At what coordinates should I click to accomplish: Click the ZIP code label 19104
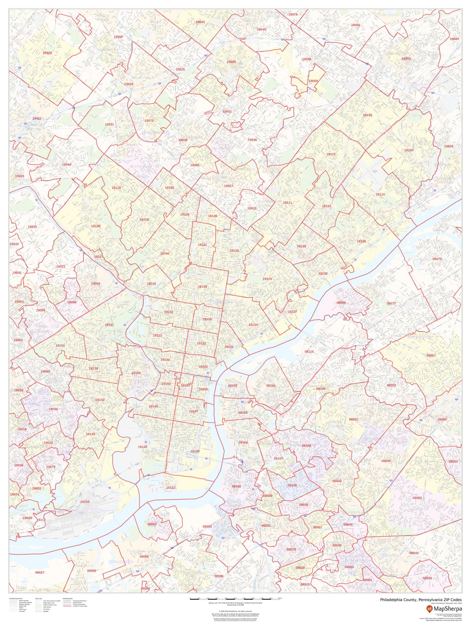pos(136,373)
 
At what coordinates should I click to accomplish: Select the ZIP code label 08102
pos(233,385)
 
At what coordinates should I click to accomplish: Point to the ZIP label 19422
pos(47,53)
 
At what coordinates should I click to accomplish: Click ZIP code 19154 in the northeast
pos(409,150)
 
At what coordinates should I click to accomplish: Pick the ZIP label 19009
pos(313,81)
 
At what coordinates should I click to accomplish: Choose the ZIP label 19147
pos(194,411)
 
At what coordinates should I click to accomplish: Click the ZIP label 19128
pos(95,226)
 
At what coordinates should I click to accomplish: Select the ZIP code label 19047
pos(454,39)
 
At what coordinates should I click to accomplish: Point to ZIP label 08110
pos(309,351)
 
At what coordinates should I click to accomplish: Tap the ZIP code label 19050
pos(53,409)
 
